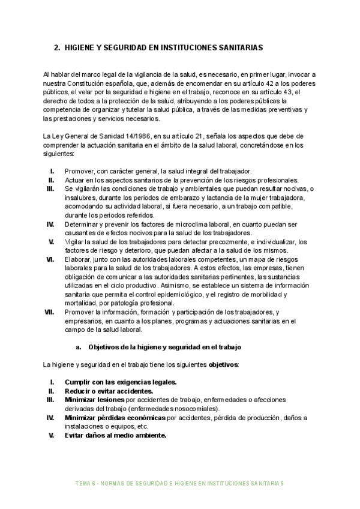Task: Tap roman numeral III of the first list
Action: [x=50, y=188]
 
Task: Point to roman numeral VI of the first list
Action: [x=50, y=259]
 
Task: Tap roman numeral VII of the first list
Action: [x=50, y=312]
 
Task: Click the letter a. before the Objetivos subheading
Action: [x=79, y=347]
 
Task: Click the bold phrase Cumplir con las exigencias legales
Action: [x=121, y=382]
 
